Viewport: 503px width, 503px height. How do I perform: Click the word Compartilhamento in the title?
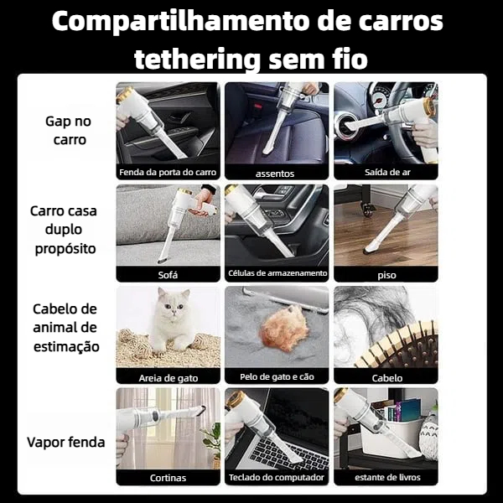tap(182, 22)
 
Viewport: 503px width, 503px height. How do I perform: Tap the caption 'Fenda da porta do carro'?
tap(168, 172)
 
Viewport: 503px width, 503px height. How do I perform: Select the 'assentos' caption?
tap(275, 174)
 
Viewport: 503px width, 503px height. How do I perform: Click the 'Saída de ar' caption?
tap(387, 172)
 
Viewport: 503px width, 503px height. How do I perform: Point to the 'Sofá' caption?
tap(168, 275)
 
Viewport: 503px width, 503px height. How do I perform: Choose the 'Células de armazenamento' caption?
tap(277, 273)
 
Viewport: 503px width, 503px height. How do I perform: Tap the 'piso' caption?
tap(386, 275)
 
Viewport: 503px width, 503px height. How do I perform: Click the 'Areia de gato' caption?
tap(169, 378)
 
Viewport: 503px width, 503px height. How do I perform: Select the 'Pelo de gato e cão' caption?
tap(277, 376)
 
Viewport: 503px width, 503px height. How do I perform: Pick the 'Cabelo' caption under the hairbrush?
tap(387, 378)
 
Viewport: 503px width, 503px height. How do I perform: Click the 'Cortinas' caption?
tap(168, 478)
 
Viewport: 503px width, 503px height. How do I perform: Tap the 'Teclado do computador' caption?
tap(277, 477)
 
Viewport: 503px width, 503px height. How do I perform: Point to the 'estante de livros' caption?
tap(387, 477)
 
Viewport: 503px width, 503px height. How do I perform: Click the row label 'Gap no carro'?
tap(69, 130)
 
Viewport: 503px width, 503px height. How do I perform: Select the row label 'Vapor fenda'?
tap(66, 442)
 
